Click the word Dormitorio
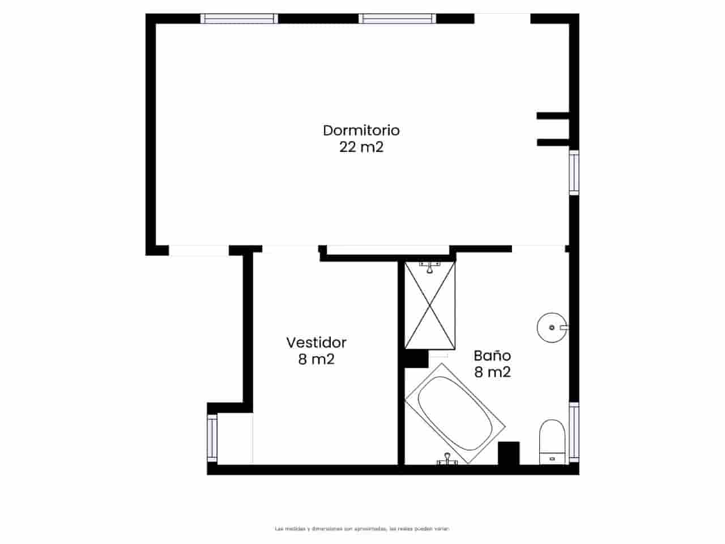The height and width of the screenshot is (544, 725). coord(361,130)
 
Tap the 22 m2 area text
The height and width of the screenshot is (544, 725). coord(361,147)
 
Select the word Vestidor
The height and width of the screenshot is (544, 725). coord(316,342)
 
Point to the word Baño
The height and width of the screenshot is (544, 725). coord(492,356)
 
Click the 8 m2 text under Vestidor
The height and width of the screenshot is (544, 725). coord(316,359)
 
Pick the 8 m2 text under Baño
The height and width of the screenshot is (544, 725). coord(492,372)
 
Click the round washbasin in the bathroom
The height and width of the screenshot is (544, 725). coord(552,327)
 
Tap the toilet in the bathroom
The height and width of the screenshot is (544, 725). coord(552,441)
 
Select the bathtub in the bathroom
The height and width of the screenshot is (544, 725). coord(455,412)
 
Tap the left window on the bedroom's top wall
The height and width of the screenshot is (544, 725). coord(240,19)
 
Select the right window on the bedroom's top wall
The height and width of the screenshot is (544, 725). coord(398,19)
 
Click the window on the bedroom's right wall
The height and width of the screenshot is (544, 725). coord(574,172)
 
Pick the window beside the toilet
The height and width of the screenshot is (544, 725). coord(574,432)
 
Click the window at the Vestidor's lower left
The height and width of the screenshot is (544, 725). coord(212,436)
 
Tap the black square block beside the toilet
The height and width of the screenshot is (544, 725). coord(509,453)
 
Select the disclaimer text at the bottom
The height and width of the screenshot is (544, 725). coord(362,529)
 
